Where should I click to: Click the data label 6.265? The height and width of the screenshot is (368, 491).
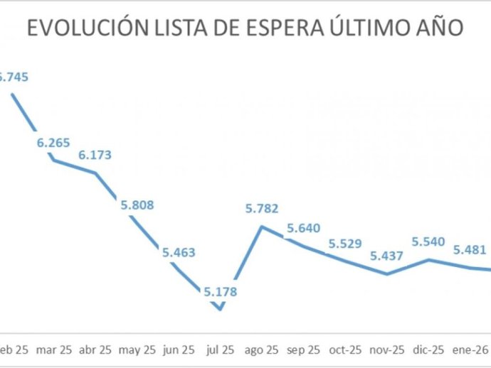coord(53,143)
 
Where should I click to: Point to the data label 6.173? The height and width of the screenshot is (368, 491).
coord(95,155)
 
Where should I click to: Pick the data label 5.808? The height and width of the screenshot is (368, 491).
coord(137,205)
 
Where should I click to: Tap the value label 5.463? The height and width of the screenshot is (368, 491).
coord(179,252)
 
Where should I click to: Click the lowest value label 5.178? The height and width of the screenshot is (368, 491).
coord(220,291)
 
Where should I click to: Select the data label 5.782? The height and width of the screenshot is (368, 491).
coord(262,209)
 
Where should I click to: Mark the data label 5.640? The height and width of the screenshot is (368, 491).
coord(304,228)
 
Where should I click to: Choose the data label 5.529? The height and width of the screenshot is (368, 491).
coord(345,244)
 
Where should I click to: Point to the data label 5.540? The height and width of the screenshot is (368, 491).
coord(429,242)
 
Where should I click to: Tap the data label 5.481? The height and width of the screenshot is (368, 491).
coord(470,250)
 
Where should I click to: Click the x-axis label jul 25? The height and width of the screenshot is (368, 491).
coord(220,350)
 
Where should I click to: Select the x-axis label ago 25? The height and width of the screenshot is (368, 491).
coord(262,350)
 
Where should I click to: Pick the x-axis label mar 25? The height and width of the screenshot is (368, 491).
coord(53,350)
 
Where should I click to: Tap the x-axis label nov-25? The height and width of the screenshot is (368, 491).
coord(387,350)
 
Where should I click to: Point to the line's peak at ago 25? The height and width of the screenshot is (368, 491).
coord(262,227)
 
